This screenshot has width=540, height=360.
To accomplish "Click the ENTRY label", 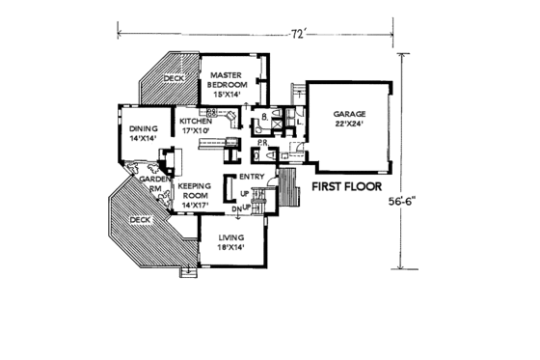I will point(252,177).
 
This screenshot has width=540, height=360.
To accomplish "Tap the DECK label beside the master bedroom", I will point(173,79).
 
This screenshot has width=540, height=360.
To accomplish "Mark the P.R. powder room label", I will point(261,142).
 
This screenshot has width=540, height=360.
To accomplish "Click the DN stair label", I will point(234,208).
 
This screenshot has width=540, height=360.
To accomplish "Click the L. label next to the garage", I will point(300,121).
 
